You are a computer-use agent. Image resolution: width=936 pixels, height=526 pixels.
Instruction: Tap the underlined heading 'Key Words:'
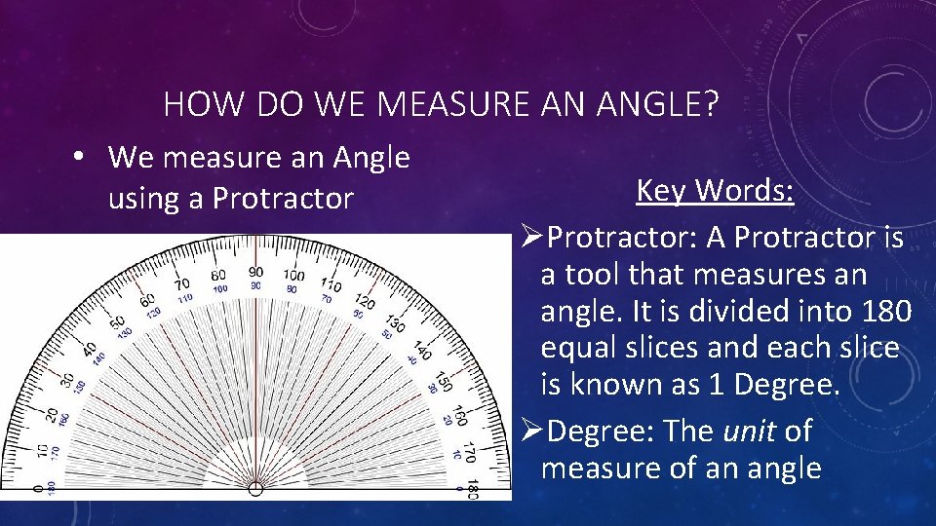[715, 191]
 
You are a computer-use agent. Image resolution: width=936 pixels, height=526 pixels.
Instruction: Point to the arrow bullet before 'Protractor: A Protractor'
[530, 238]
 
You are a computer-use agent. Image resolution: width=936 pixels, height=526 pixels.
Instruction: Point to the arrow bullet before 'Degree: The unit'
[530, 432]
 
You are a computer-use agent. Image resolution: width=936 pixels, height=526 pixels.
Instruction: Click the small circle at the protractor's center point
[255, 489]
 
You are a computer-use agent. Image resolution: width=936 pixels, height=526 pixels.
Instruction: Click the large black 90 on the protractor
[255, 274]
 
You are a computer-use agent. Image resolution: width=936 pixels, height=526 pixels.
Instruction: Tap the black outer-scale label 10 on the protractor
[41, 450]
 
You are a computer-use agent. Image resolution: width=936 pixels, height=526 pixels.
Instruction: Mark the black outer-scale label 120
[365, 302]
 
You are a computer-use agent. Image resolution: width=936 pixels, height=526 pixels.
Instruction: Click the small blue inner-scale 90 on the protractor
[256, 286]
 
